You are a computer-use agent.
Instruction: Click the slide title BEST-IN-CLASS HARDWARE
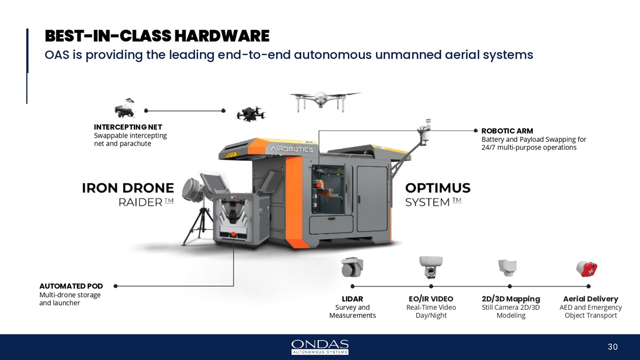pos(157,36)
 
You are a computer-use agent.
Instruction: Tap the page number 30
pos(613,347)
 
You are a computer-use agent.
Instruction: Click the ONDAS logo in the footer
pos(320,347)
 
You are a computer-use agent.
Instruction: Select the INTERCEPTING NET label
pos(128,127)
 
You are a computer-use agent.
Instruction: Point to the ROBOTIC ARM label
pos(507,131)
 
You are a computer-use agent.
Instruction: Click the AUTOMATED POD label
pos(71,286)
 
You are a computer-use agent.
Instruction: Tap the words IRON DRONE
pos(128,188)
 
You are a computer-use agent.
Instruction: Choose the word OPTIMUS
pos(438,188)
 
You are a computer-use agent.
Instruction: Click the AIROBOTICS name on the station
pos(292,149)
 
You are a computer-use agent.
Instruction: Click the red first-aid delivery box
pos(587,269)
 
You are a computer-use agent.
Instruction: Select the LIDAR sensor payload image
pos(353,267)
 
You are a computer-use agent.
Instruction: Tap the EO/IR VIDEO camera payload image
pos(431,267)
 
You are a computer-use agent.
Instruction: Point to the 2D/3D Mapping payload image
pos(507,268)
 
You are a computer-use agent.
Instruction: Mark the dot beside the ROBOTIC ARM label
pos(476,131)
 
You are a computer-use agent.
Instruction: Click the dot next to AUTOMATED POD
pos(115,286)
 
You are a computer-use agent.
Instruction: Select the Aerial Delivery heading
pos(590,299)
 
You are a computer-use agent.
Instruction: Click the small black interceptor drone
pos(250,114)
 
